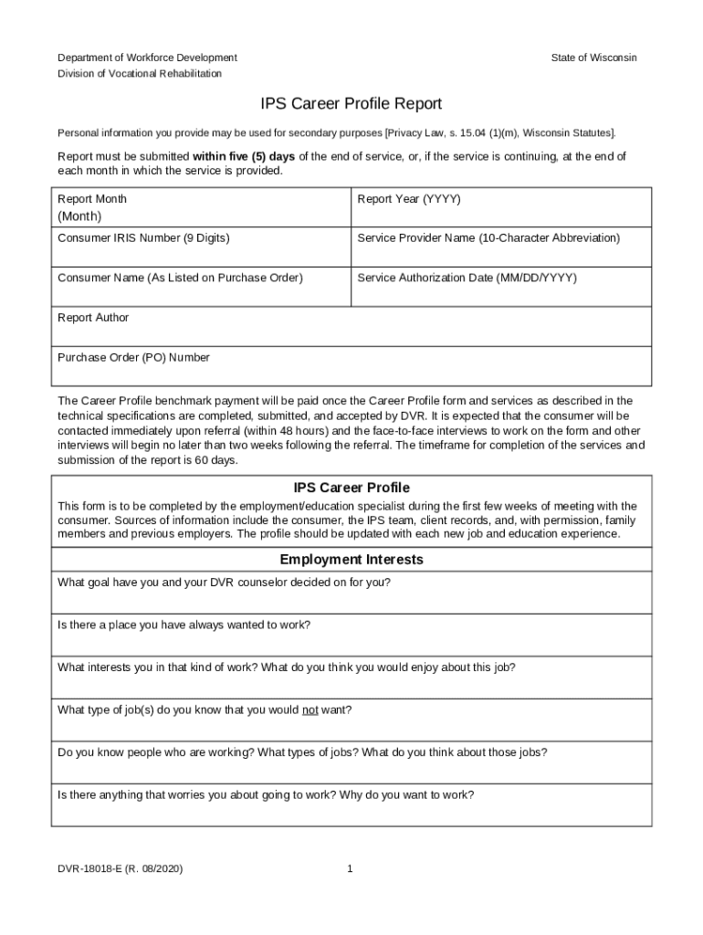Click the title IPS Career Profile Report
point(351,104)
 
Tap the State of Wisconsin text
point(593,58)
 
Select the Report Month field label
point(92,199)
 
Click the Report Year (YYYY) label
point(408,199)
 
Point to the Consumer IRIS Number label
point(143,238)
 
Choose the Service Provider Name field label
point(488,238)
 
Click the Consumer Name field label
point(180,278)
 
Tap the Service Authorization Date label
point(467,278)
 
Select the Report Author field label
point(93,318)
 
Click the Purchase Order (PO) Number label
point(133,358)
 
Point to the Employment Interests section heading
point(351,559)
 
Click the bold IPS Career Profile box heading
point(351,488)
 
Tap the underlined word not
point(310,709)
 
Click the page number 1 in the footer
point(350,869)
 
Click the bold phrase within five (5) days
point(244,156)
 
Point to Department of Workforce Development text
point(147,58)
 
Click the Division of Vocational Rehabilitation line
point(140,73)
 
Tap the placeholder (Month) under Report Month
point(79,216)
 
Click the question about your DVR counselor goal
point(225,582)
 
